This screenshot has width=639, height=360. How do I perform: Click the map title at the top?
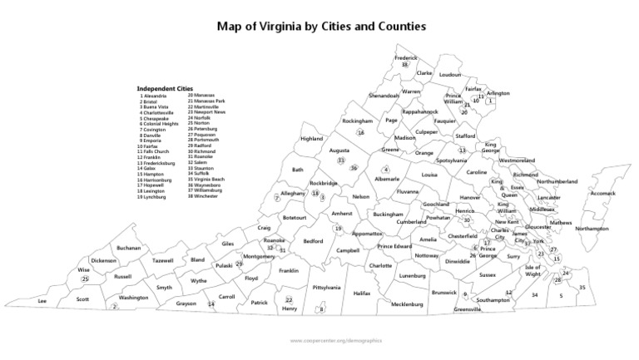pos(321,26)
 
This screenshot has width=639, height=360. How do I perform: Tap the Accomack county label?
pos(602,193)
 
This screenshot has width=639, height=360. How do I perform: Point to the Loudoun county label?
pos(449,74)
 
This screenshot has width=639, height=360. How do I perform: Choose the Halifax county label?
pos(362,293)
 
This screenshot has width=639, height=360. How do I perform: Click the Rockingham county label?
pos(357,121)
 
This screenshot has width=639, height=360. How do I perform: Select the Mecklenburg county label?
pos(407,304)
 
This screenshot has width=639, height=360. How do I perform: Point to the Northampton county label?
pos(592,229)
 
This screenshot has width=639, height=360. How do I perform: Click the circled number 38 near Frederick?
pos(404,64)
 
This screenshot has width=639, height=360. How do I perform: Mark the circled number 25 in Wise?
pos(85,279)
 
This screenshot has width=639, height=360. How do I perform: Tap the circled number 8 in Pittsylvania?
pos(321,310)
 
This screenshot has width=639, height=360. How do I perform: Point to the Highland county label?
pos(311,138)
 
